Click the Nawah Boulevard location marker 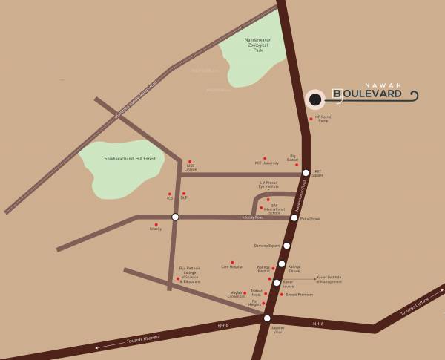pos(315,99)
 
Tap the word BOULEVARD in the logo pos(367,94)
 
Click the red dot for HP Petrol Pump pos(311,118)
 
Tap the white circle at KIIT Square pos(306,172)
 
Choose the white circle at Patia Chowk pos(294,217)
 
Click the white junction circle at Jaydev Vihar pos(267,318)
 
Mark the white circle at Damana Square pos(286,245)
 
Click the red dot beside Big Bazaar pos(297,165)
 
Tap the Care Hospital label pos(231,266)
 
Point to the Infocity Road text pos(253,217)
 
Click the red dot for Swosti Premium pos(282,295)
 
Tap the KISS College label pos(191,168)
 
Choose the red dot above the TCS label pos(170,193)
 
